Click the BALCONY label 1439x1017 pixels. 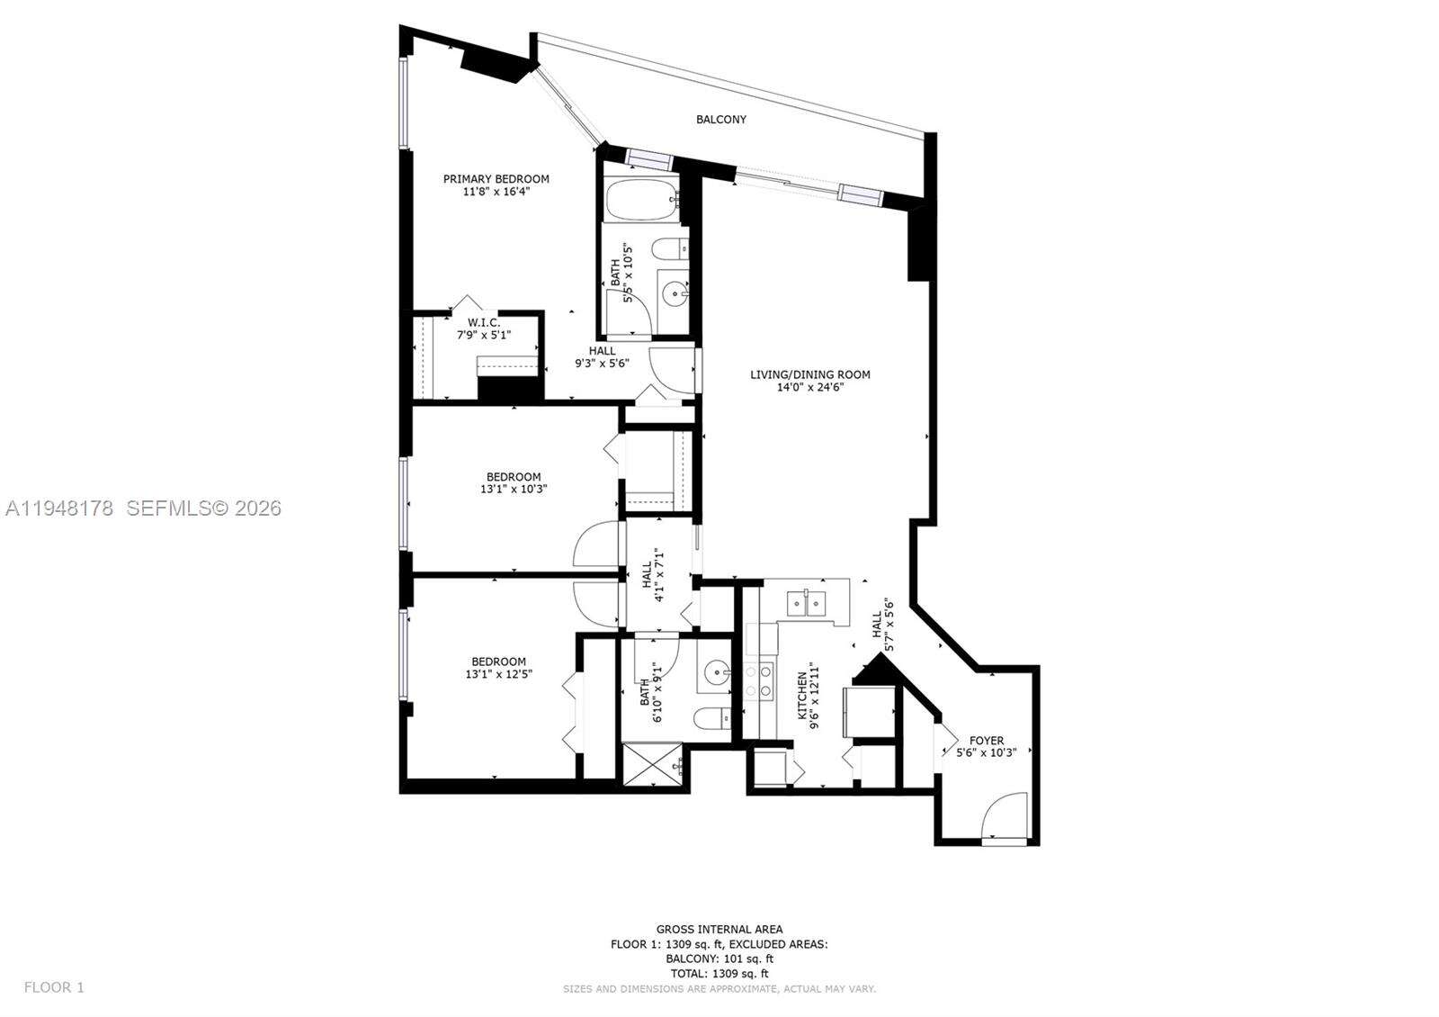coord(720,120)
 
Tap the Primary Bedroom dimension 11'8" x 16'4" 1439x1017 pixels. coord(496,192)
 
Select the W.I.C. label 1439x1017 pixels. coord(484,322)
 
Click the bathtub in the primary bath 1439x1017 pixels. coord(640,200)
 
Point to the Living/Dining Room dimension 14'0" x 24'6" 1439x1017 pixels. coord(810,388)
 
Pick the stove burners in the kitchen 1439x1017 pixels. coord(760,680)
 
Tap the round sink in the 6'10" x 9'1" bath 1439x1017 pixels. coord(717,670)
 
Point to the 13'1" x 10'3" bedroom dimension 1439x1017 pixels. coord(514,490)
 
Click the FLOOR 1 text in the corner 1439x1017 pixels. coord(54,987)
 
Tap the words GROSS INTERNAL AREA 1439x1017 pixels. coord(719,929)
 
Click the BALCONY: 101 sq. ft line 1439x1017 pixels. coord(719,958)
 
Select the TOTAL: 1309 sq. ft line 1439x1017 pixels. coord(719,974)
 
